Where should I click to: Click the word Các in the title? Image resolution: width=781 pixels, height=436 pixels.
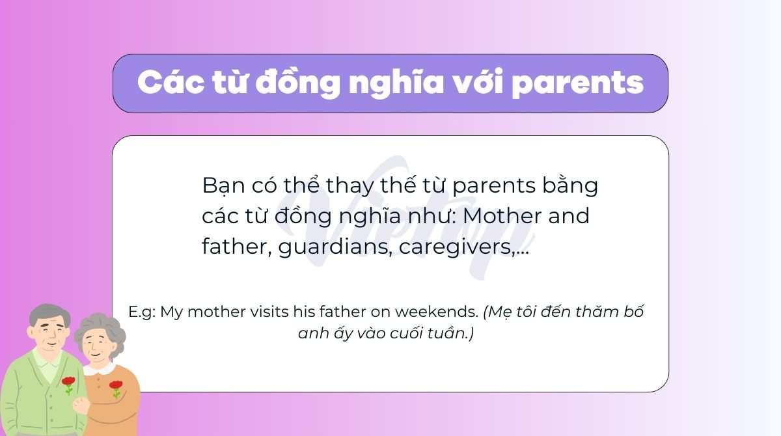(171, 83)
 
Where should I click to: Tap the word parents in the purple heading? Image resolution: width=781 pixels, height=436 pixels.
(578, 85)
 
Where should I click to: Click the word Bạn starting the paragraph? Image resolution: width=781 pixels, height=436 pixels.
(223, 185)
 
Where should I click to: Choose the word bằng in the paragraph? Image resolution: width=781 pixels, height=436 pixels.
(570, 185)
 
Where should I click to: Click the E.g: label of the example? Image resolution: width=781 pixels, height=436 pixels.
(142, 312)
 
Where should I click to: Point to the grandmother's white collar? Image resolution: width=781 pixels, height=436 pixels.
(100, 368)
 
